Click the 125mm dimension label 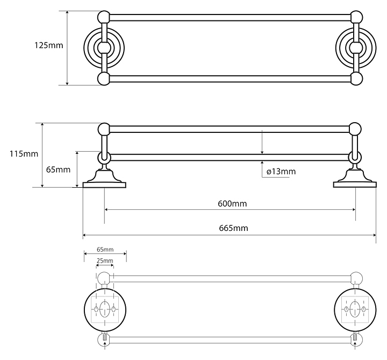pyautogui.click(x=48, y=46)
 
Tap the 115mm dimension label pyautogui.click(x=24, y=154)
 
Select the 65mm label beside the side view pyautogui.click(x=59, y=170)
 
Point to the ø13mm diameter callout pyautogui.click(x=281, y=172)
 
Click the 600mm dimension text pyautogui.click(x=232, y=204)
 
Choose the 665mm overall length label pyautogui.click(x=234, y=228)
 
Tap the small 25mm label pyautogui.click(x=105, y=261)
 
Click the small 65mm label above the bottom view pyautogui.click(x=105, y=250)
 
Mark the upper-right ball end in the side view pyautogui.click(x=355, y=129)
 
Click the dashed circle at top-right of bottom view pyautogui.click(x=354, y=278)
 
